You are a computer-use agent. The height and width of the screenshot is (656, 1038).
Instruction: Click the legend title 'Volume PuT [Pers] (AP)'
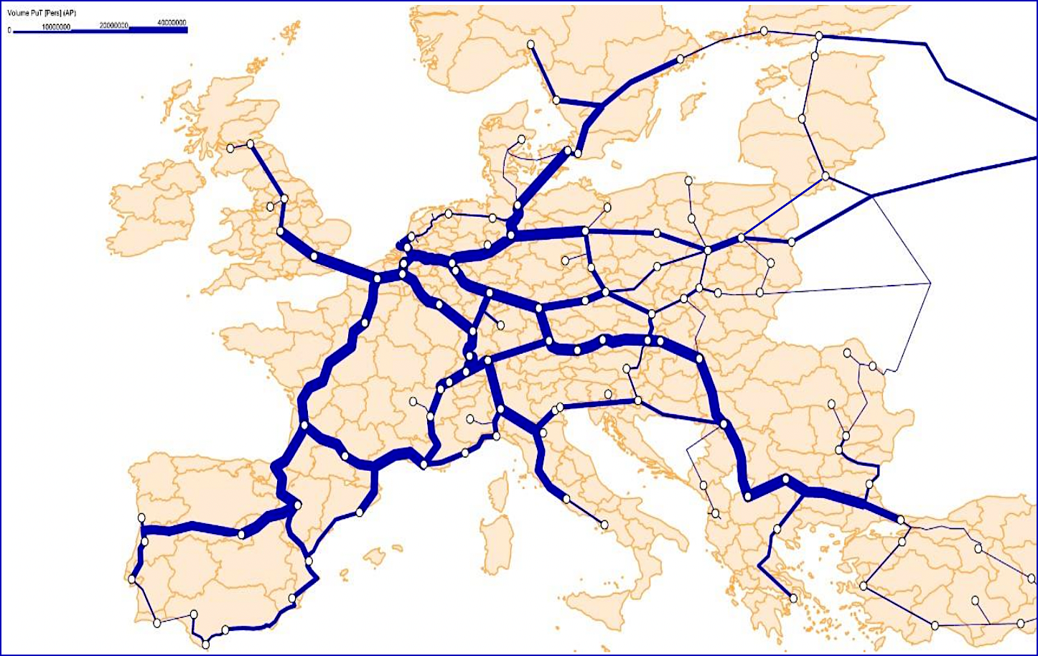click(41, 13)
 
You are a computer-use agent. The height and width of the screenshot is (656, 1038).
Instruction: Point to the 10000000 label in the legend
click(56, 27)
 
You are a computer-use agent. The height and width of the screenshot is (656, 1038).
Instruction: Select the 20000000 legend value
click(114, 26)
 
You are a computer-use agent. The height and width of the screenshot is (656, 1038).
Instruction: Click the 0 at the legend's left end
click(9, 31)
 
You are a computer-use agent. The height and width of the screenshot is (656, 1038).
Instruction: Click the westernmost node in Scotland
click(230, 148)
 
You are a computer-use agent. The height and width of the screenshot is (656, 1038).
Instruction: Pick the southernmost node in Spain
click(206, 643)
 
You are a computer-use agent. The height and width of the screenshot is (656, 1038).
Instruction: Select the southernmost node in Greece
click(793, 598)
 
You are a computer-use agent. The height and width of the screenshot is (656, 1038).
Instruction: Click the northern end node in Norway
click(531, 44)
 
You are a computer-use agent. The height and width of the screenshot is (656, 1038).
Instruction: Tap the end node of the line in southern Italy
click(604, 525)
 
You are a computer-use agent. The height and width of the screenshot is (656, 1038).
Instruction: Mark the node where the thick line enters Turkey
click(901, 519)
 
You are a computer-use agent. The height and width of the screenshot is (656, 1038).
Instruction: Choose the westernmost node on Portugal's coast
click(133, 578)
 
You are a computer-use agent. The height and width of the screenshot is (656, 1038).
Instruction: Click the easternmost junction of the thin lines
click(930, 284)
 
